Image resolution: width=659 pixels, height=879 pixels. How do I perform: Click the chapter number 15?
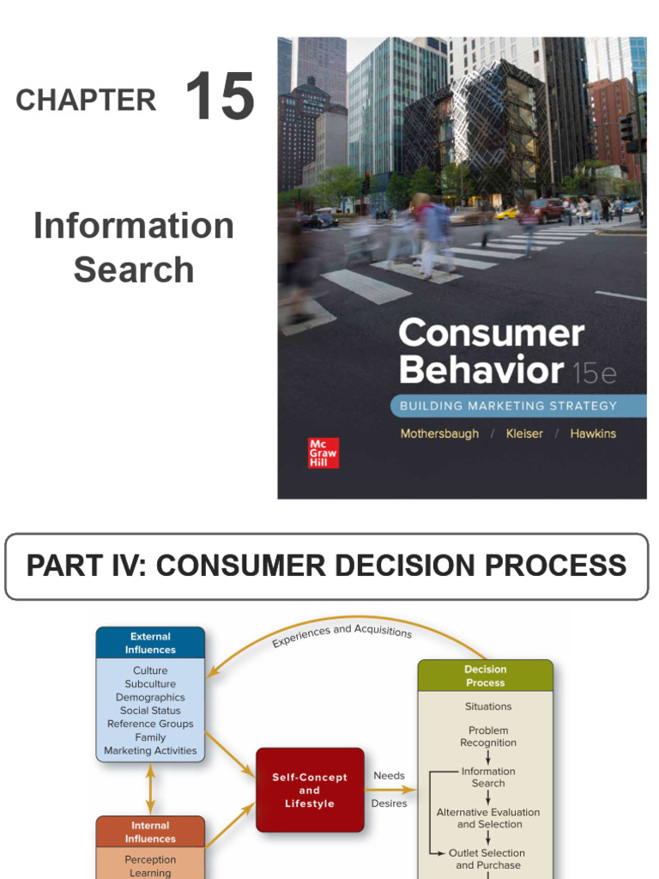(220, 97)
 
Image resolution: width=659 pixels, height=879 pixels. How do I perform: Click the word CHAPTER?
(86, 101)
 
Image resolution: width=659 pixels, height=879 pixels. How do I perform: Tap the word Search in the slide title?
(134, 270)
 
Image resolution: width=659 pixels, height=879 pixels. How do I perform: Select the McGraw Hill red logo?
(323, 452)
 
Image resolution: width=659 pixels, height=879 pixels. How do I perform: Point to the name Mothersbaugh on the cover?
(439, 433)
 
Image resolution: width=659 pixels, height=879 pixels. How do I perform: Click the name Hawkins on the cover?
(592, 433)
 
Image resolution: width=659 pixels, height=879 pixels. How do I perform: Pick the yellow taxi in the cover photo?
(506, 212)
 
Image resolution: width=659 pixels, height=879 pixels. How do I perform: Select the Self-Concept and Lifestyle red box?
(310, 790)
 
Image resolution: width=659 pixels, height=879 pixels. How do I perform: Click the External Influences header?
(150, 643)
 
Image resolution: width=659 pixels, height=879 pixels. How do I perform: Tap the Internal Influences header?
(150, 832)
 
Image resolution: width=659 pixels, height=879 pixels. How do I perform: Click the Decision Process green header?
(485, 676)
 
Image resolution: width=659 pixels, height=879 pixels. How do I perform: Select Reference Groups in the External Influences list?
(150, 724)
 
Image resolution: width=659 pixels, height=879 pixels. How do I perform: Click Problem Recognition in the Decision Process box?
(487, 737)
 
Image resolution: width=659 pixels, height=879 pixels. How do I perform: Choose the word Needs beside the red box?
(389, 776)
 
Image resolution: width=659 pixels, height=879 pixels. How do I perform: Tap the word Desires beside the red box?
(389, 803)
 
